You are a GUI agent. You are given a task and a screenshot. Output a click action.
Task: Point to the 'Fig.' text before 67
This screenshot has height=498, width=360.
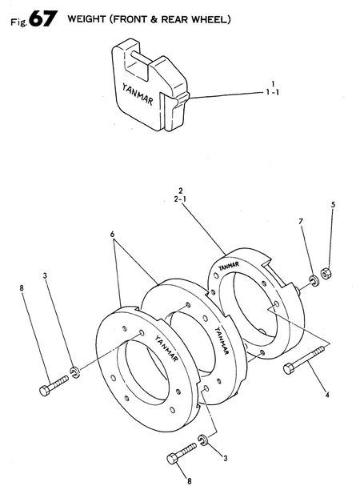point(17,22)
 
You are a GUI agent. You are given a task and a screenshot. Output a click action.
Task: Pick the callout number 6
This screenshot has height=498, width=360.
point(113,235)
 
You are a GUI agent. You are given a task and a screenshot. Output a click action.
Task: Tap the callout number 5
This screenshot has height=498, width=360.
point(332,205)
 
